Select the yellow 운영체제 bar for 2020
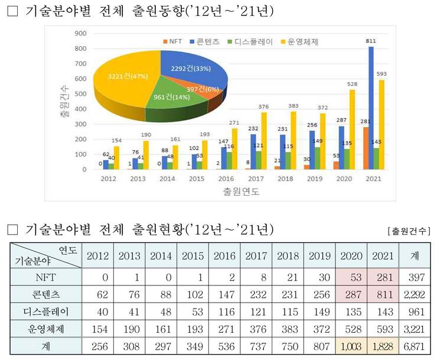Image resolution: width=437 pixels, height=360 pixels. click(352, 130)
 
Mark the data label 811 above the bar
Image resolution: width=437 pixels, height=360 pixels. click(371, 41)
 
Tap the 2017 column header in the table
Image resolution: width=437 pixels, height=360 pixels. click(256, 255)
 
